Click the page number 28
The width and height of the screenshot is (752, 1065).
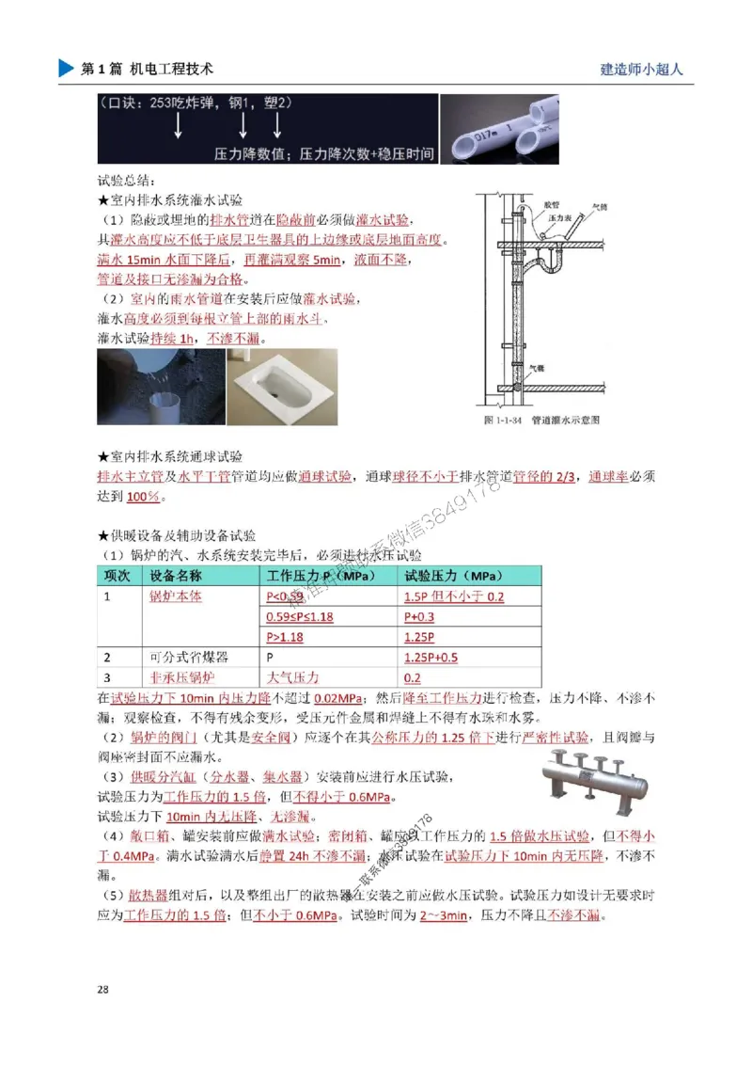pos(103,989)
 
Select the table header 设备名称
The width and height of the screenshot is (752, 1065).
pos(177,575)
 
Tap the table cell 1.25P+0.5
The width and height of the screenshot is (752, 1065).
pos(431,657)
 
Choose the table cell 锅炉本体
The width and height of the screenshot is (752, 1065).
pos(176,596)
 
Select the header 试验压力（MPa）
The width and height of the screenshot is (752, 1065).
pos(453,575)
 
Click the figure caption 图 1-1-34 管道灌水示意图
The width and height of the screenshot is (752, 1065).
pos(541,419)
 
